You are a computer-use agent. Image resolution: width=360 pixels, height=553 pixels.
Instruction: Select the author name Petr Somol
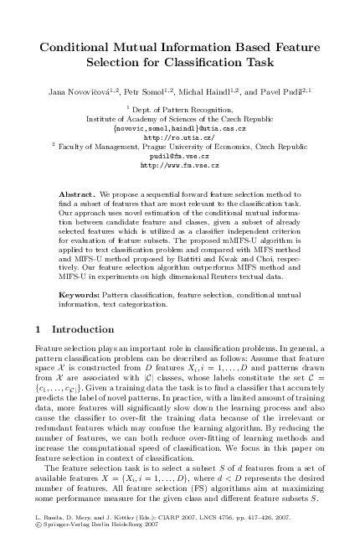click(145, 89)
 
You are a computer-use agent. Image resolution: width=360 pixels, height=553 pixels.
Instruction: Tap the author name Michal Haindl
click(211, 89)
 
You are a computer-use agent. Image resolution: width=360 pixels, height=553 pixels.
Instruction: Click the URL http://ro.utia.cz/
click(179, 137)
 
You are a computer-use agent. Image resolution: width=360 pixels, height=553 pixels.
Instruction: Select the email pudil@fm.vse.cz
click(179, 156)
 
